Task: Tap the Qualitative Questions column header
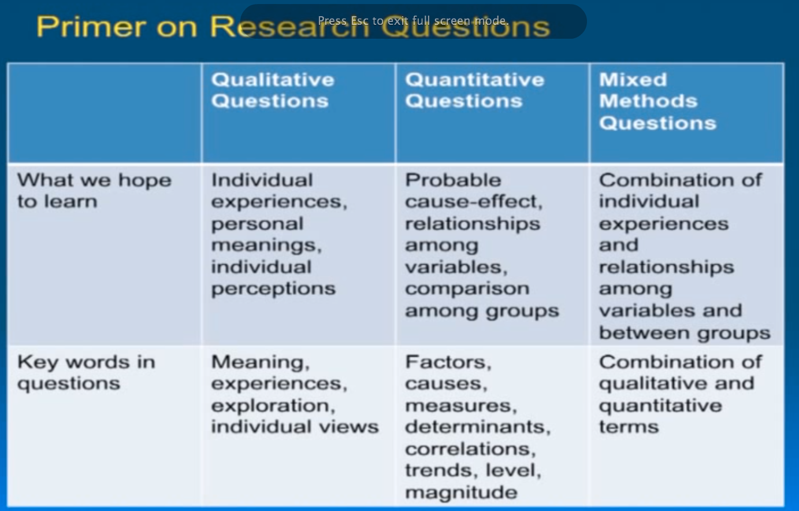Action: (x=273, y=90)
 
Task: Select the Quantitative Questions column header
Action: (x=474, y=90)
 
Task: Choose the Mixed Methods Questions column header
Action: (x=657, y=101)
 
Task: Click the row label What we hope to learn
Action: (x=94, y=190)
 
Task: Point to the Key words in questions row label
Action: (x=86, y=372)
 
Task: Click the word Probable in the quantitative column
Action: (x=453, y=180)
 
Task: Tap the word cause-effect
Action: (x=473, y=202)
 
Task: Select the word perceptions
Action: (x=273, y=288)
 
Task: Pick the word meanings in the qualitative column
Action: (x=266, y=245)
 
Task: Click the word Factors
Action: (x=448, y=362)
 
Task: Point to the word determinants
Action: (x=477, y=427)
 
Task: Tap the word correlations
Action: (x=470, y=449)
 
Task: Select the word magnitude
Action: (x=461, y=493)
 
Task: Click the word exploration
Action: (x=273, y=405)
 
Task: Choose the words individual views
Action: (x=295, y=427)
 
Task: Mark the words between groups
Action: (x=685, y=333)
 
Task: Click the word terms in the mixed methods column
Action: (x=629, y=427)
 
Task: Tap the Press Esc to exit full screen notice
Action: (x=413, y=21)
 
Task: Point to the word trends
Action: (x=435, y=471)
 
